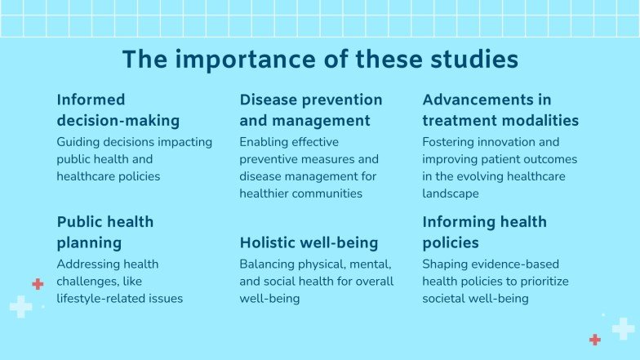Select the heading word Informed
tap(91, 100)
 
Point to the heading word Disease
tap(269, 100)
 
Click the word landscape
tap(451, 193)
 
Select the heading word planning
tap(89, 242)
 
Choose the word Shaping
tap(446, 264)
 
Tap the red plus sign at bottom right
tap(595, 340)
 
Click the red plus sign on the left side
tap(38, 284)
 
